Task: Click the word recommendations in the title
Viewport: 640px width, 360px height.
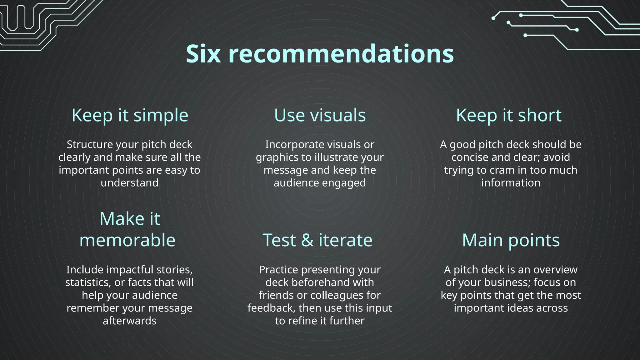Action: [341, 54]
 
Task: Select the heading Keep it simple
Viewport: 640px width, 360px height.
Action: [130, 115]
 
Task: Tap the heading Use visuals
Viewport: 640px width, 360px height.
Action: [320, 115]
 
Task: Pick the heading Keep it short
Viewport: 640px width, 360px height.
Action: [508, 115]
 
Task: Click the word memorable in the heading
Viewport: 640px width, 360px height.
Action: [127, 240]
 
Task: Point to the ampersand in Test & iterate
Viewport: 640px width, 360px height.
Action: [307, 240]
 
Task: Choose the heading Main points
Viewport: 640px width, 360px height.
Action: [511, 240]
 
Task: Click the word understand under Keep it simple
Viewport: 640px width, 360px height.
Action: [129, 183]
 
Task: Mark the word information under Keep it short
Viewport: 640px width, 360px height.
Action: [511, 183]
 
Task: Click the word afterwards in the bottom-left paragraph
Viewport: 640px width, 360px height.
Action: [129, 321]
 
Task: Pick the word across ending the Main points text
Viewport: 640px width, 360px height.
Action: [552, 308]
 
